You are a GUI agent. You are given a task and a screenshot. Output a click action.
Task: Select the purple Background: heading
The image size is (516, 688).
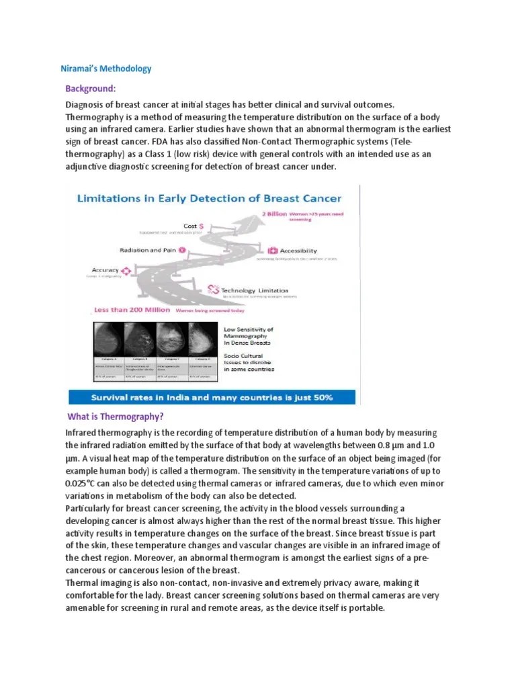point(91,89)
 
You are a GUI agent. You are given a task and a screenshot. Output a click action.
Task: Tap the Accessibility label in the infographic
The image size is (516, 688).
point(298,251)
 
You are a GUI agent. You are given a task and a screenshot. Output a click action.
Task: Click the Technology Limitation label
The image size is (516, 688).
point(268,290)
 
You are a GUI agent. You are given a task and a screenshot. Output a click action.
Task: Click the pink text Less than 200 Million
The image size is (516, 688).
point(132,311)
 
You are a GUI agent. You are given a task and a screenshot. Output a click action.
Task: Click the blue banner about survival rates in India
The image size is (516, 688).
point(212,397)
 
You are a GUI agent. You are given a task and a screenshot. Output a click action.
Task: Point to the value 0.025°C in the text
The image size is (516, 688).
point(81,484)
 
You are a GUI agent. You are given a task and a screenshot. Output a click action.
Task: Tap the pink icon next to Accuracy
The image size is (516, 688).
point(124,269)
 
